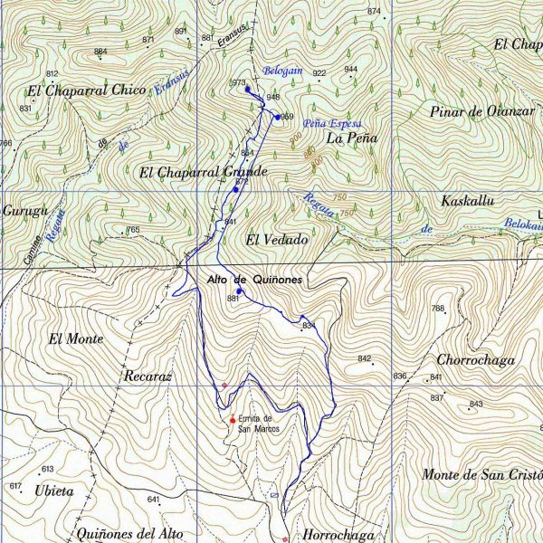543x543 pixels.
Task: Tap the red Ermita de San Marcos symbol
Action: tap(233, 420)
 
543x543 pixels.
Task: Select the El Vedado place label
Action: tap(276, 240)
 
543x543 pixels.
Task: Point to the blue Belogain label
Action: tap(282, 71)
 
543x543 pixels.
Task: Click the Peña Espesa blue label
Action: tap(333, 123)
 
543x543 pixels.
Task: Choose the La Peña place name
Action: tap(351, 138)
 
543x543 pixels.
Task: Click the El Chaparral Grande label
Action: tap(204, 171)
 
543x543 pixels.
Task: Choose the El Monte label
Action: tap(76, 339)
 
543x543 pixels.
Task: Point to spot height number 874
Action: tap(374, 11)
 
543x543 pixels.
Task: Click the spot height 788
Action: tap(438, 309)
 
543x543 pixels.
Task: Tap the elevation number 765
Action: tap(133, 230)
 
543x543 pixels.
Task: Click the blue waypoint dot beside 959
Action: tap(277, 116)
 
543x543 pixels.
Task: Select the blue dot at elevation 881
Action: tap(240, 291)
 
